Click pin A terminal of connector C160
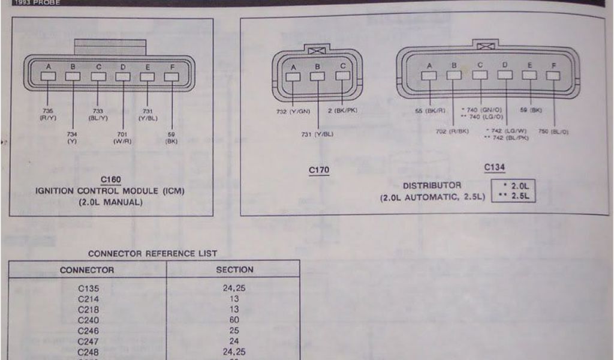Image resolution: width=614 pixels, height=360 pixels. pos(48,77)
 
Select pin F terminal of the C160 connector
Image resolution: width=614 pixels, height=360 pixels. pos(171,77)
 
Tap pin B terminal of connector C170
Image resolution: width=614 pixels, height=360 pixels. pos(318,76)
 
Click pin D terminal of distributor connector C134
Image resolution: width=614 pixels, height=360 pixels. pos(505,75)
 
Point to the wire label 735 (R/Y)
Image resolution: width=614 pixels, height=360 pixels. pos(48,114)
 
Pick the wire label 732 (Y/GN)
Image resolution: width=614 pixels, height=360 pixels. pos(294,111)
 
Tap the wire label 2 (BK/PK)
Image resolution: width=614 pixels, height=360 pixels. pos(342,111)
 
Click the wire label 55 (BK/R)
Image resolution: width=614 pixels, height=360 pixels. pos(429,111)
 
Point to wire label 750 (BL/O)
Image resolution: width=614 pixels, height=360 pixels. pos(553,131)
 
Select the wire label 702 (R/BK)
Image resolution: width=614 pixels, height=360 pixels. pos(453,131)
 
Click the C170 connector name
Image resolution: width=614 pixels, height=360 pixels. pos(319,170)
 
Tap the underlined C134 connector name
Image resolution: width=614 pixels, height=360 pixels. pos(495,167)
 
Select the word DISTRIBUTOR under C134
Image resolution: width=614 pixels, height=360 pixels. pos(432,185)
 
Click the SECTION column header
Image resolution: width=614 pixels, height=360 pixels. pos(234,270)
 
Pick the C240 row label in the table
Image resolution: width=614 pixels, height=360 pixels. pos(88,320)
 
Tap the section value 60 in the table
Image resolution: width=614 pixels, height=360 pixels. pos(234,320)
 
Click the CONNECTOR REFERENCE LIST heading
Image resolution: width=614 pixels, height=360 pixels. pos(152,254)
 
